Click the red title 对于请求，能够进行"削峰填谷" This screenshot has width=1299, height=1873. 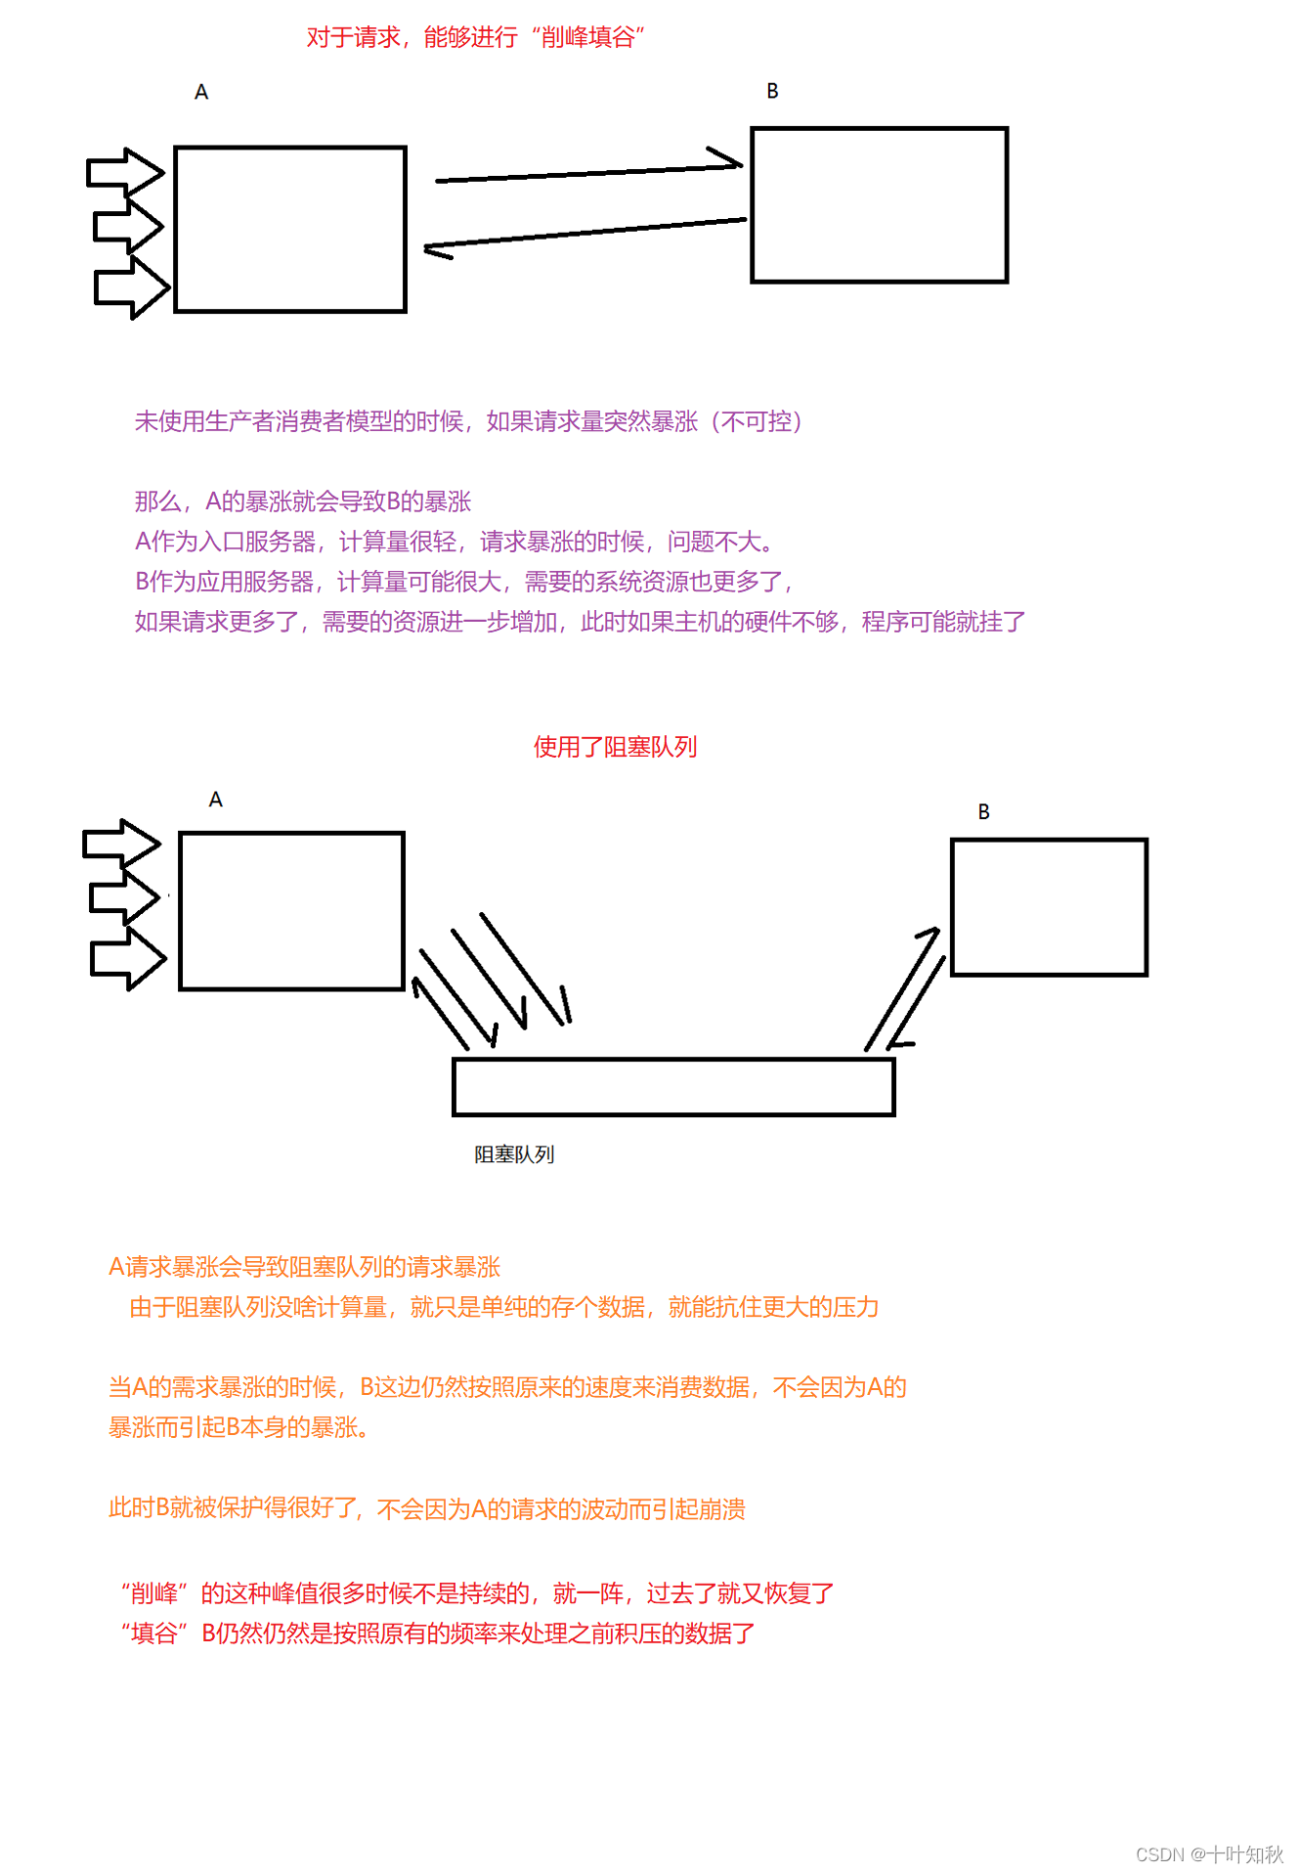click(x=475, y=37)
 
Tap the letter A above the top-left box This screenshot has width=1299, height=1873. click(x=201, y=92)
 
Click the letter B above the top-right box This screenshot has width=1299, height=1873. click(x=772, y=91)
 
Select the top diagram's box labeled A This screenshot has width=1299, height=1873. click(x=290, y=230)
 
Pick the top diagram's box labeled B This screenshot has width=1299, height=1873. click(x=879, y=205)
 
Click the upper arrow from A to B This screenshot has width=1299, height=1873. click(x=586, y=173)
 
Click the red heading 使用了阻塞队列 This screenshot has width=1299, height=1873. click(x=615, y=747)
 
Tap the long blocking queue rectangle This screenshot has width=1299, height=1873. click(x=673, y=1086)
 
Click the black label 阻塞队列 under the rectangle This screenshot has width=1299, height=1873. click(x=514, y=1154)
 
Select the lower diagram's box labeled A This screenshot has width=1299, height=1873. click(x=291, y=911)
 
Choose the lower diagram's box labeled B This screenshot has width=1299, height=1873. click(x=1049, y=907)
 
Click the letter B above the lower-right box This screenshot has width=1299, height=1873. click(x=983, y=812)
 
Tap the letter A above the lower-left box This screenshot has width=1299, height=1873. click(x=216, y=800)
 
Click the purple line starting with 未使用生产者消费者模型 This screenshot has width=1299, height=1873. click(x=468, y=421)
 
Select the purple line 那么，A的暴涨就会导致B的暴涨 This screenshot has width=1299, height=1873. click(x=303, y=501)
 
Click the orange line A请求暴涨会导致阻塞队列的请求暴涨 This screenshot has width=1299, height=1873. click(x=304, y=1267)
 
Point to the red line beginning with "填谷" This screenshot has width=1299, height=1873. click(x=437, y=1633)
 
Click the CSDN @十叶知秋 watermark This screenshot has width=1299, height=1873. click(x=1209, y=1854)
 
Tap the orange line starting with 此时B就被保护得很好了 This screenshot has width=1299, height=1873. click(x=426, y=1508)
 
